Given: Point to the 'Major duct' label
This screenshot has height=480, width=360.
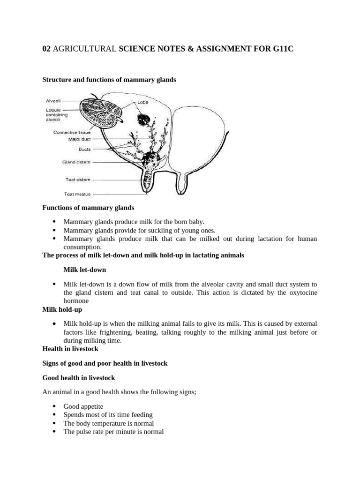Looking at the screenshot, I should pos(79,139).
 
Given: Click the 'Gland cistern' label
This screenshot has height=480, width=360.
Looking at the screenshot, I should pos(76,162).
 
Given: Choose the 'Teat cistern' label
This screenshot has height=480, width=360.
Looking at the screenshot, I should pos(78,179).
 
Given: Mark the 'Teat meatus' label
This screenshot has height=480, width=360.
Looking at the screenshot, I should pos(77,194).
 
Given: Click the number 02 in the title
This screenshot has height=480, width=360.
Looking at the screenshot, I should pos(46,49).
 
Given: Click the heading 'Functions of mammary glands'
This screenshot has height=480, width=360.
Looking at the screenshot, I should pos(88,208).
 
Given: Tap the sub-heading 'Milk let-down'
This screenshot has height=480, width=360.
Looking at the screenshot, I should pos(84,270).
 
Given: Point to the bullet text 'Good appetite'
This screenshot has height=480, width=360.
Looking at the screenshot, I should pos(83,406).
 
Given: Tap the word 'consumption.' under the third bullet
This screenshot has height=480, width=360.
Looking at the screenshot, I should pos(82,247).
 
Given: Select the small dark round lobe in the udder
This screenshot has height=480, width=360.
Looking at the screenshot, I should pos(142,119).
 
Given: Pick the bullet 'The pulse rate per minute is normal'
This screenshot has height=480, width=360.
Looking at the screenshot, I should pos(113,432).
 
